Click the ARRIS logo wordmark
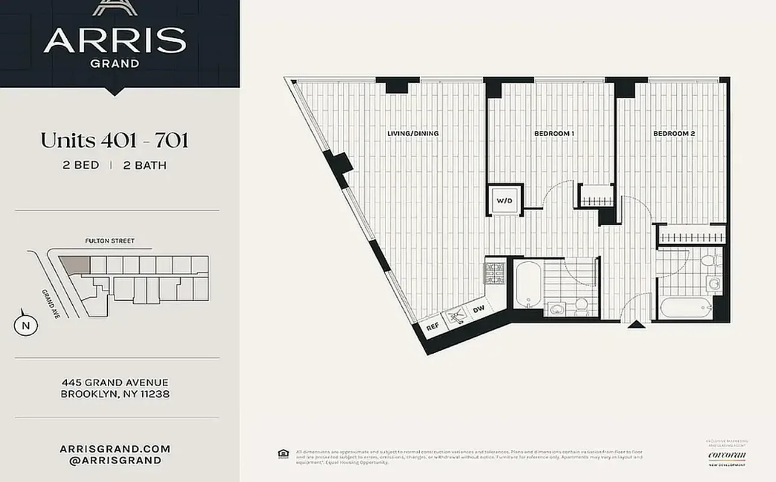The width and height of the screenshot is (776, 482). [114, 40]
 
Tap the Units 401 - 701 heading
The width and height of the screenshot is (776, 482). [114, 140]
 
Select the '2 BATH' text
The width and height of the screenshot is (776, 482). [145, 165]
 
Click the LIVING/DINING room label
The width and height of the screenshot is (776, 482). [413, 133]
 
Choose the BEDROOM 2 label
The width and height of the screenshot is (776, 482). [675, 133]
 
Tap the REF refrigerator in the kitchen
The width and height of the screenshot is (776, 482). [432, 327]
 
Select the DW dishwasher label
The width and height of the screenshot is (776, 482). [479, 310]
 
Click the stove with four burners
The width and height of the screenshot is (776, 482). [495, 272]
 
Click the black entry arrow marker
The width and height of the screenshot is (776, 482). [636, 325]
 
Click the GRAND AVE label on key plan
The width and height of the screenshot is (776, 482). [50, 304]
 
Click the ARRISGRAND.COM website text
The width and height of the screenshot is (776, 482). [115, 449]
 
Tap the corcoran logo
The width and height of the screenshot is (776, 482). [727, 455]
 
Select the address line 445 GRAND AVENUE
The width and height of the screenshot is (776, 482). [115, 383]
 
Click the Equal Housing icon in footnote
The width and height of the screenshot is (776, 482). [282, 453]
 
